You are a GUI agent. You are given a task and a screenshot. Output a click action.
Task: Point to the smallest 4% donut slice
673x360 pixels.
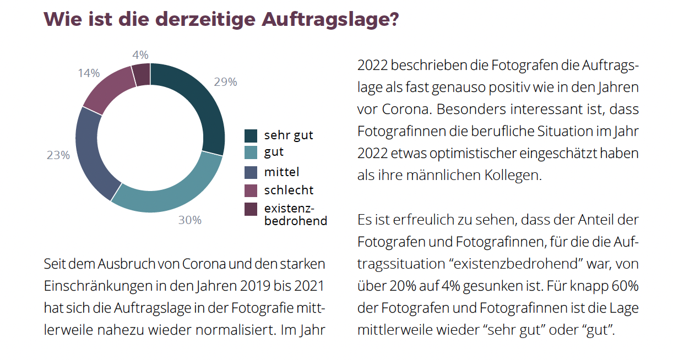tap(142, 73)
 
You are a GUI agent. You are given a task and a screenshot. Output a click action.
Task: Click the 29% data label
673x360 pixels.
tap(225, 82)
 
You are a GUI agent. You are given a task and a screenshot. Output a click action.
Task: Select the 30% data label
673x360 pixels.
tap(189, 220)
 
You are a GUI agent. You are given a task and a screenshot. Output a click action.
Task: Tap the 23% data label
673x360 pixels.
tap(58, 155)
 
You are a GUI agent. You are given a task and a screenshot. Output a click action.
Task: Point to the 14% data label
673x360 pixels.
tap(88, 73)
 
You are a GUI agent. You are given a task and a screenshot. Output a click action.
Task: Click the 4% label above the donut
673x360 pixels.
tap(140, 55)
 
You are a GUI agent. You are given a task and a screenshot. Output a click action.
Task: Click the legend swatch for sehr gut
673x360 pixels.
tap(251, 135)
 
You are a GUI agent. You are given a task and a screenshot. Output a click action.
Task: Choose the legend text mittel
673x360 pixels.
tap(281, 172)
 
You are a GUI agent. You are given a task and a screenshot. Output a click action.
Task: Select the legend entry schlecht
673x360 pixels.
tap(289, 190)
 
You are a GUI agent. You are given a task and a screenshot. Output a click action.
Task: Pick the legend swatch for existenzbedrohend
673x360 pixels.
tap(251, 209)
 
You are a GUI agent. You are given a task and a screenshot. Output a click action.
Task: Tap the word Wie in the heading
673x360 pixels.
tap(61, 19)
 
